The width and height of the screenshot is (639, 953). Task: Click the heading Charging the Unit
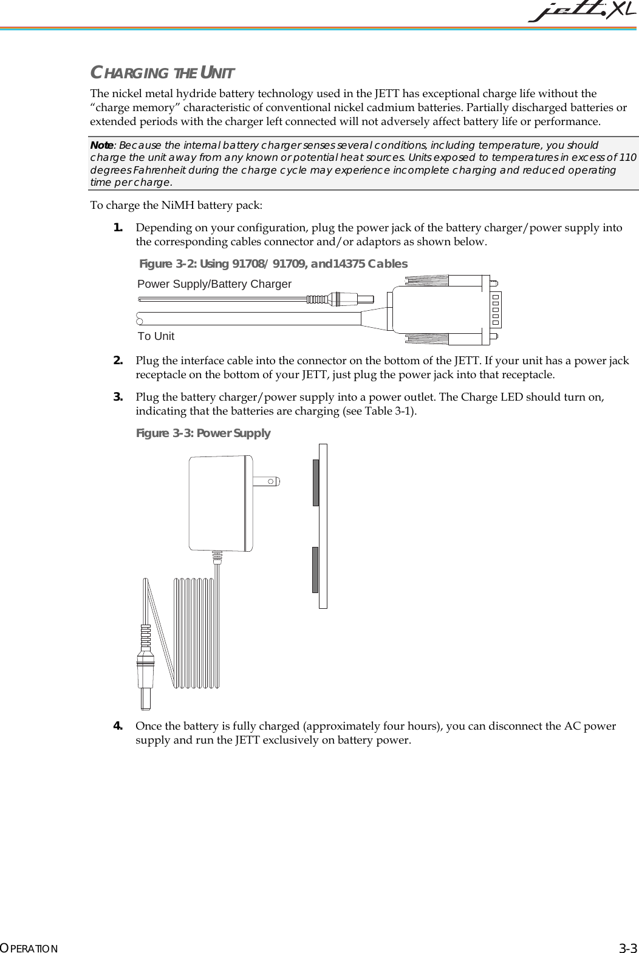(x=162, y=74)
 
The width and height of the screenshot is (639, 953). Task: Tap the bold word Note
(x=101, y=146)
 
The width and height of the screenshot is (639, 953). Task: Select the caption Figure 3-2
(x=273, y=264)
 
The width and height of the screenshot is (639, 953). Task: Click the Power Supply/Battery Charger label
(x=214, y=284)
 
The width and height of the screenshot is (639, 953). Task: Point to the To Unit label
(x=156, y=336)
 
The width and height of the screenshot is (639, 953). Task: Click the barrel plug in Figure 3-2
(x=352, y=299)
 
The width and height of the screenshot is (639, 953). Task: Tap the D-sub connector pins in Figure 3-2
(x=496, y=309)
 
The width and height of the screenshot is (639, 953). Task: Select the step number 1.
(x=118, y=228)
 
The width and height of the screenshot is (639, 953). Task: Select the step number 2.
(x=118, y=361)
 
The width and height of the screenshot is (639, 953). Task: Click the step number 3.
(x=118, y=397)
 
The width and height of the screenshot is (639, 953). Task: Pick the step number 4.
(x=118, y=726)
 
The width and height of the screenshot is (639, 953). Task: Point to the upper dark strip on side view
(x=316, y=483)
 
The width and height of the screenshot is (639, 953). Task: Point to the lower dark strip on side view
(x=316, y=569)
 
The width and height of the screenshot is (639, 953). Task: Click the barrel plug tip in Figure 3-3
(x=146, y=697)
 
